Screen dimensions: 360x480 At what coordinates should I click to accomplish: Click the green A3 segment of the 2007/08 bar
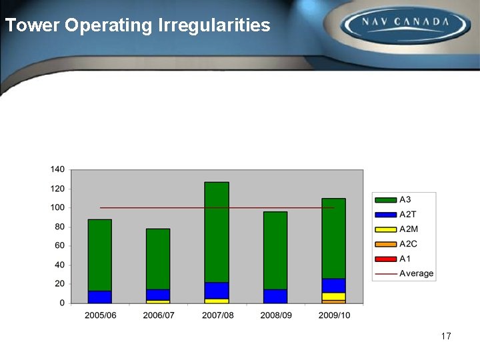217,232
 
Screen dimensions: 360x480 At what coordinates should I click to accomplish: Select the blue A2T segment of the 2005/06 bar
99,297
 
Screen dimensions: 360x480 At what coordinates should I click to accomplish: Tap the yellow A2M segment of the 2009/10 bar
333,296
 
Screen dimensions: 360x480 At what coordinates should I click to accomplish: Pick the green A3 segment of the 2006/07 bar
158,259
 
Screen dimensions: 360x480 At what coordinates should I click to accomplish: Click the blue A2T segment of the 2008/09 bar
275,296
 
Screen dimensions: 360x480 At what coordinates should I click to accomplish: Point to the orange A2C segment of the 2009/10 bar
333,301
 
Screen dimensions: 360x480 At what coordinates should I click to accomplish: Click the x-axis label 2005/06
100,315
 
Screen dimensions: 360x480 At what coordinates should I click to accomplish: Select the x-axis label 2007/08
217,315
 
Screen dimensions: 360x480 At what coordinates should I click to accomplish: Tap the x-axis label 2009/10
333,315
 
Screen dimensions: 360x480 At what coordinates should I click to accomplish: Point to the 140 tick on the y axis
57,170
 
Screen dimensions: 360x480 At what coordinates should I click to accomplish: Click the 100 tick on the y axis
57,208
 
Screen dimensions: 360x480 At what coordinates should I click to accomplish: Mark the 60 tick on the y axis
60,246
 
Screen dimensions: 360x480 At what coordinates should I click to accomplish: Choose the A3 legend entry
397,199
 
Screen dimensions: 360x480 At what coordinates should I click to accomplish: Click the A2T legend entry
399,214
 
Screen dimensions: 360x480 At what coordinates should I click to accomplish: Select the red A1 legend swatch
386,259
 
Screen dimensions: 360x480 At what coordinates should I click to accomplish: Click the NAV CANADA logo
405,25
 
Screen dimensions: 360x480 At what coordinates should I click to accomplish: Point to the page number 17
446,336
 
